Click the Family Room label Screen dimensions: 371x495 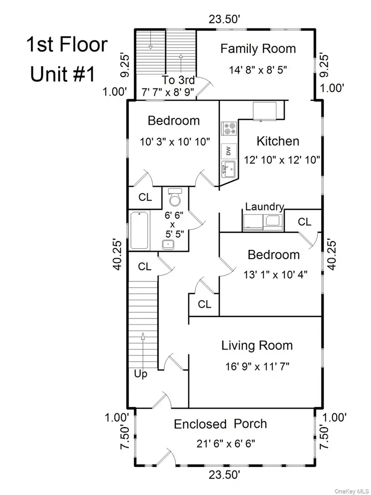tap(258, 49)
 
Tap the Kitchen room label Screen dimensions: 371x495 tap(278, 141)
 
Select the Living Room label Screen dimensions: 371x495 tap(257, 345)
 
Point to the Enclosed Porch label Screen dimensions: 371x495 tap(220, 423)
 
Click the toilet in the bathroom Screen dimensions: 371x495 tap(175, 197)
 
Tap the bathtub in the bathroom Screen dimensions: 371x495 tap(139, 231)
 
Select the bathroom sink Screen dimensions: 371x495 tap(168, 244)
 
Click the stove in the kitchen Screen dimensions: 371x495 tap(229, 129)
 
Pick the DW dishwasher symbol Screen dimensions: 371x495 tap(228, 151)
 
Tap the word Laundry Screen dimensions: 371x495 tap(264, 207)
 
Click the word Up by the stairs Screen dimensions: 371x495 tap(141, 374)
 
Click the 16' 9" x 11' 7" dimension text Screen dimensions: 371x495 tap(257, 366)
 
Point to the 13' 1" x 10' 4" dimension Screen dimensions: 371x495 tap(275, 275)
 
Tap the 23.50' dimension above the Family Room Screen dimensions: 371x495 tap(225, 19)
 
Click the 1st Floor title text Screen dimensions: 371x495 tap(67, 44)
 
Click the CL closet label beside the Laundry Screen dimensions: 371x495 tap(304, 222)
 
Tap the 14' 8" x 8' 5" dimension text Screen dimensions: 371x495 tap(258, 70)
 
